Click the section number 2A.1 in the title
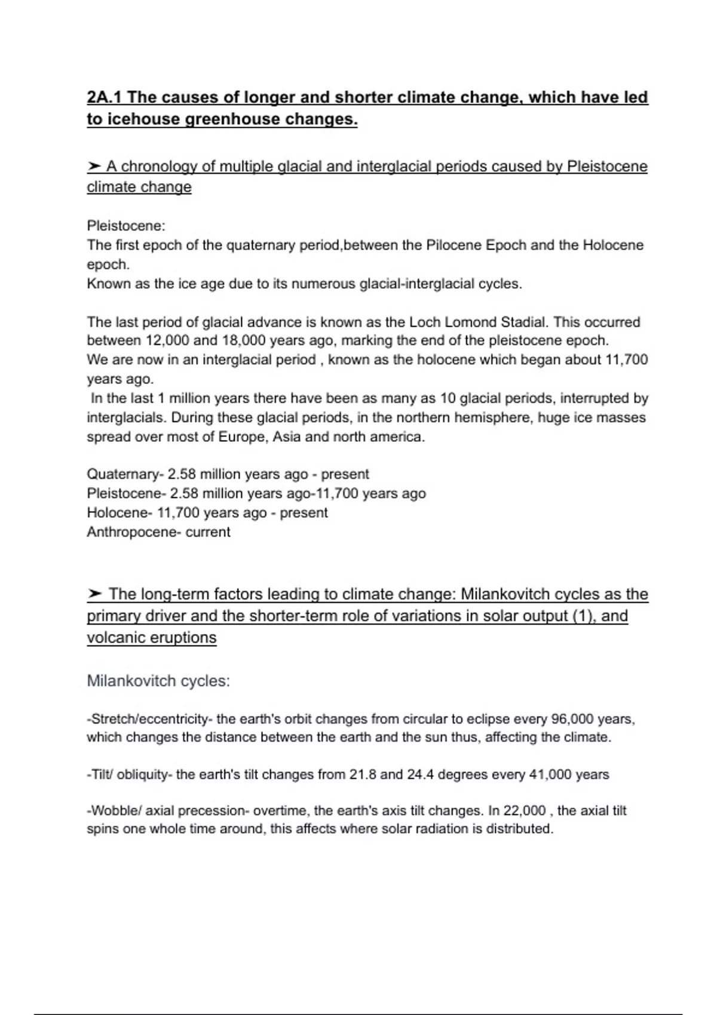pos(105,97)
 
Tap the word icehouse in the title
pos(141,119)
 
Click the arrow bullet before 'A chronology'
pos(94,166)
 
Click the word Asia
pos(286,436)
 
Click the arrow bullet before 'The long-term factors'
pos(94,594)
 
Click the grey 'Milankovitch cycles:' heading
pos(158,681)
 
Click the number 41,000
pos(550,774)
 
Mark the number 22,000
pos(524,811)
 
